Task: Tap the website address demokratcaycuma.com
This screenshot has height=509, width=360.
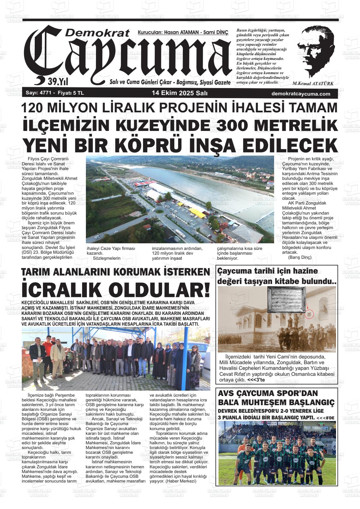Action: click(301, 94)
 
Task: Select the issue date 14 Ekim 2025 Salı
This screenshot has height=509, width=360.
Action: click(179, 93)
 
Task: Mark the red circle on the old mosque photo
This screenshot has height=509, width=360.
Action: click(310, 314)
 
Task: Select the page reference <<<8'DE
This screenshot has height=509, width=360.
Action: click(325, 418)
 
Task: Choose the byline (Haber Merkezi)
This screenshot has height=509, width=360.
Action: click(181, 481)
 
